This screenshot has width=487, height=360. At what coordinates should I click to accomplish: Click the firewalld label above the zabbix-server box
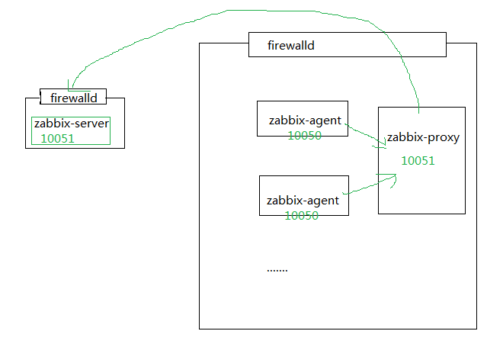tap(73, 98)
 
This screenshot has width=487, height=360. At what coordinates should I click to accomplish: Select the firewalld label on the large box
tap(291, 46)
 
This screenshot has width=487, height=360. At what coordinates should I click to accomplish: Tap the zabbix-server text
tap(72, 124)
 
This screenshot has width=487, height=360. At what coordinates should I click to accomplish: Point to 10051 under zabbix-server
tap(57, 138)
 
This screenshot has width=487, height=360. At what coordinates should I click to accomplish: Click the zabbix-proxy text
tap(423, 138)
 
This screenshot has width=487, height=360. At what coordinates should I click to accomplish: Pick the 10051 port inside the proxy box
tap(418, 160)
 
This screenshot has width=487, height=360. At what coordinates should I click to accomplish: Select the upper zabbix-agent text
tap(303, 121)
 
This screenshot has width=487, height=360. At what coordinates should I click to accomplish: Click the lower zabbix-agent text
tap(302, 201)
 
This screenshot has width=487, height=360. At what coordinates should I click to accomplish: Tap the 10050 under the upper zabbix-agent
tap(304, 135)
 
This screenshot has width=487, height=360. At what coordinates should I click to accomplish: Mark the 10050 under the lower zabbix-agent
tap(302, 215)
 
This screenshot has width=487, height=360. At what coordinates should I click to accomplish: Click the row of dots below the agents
tap(277, 270)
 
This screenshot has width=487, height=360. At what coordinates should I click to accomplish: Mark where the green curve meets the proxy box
tap(418, 107)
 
